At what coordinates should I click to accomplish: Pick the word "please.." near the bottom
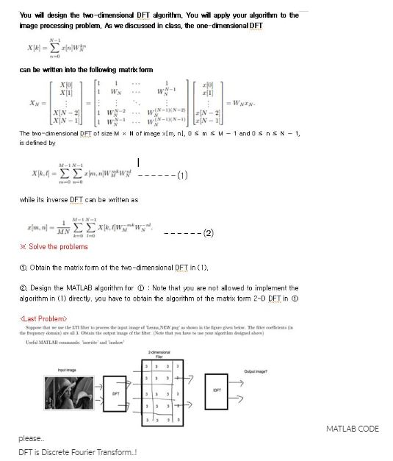(x=31, y=438)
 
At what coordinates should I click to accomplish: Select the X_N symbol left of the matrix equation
(x=26, y=104)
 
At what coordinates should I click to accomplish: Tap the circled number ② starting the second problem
(x=23, y=287)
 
